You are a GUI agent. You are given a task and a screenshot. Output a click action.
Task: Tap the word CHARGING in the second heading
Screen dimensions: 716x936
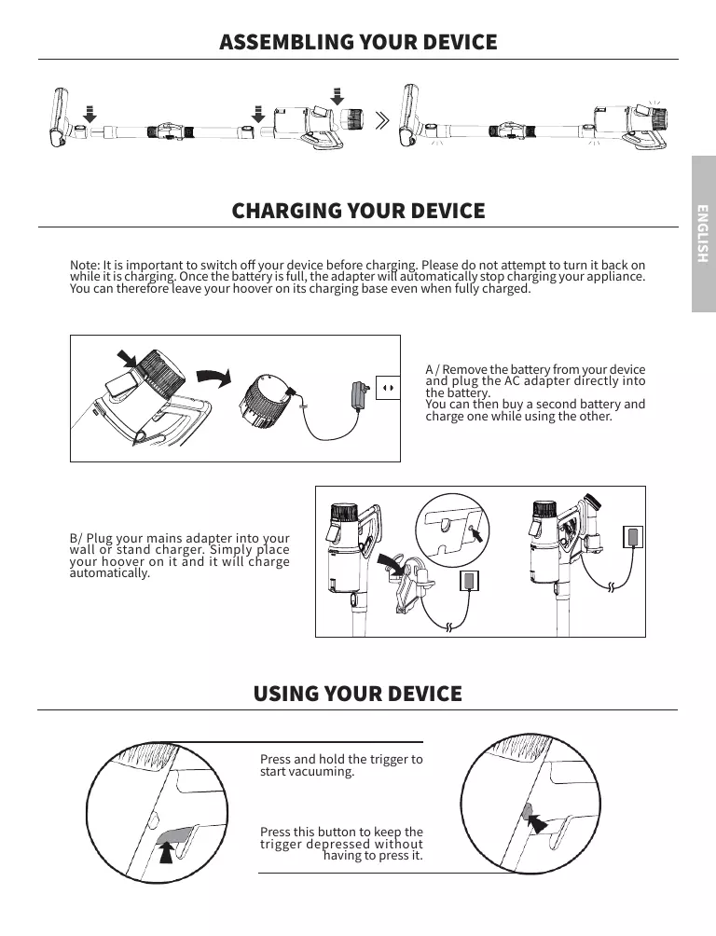coord(287,211)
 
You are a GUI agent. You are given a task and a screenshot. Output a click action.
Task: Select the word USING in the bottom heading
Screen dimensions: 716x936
coord(285,694)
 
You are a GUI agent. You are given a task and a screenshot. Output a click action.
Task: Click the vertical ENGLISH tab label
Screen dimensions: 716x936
coord(703,233)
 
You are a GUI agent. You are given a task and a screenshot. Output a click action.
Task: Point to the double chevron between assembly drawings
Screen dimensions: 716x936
coord(382,121)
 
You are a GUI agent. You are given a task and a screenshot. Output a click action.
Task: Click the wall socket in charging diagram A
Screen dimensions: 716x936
coord(388,388)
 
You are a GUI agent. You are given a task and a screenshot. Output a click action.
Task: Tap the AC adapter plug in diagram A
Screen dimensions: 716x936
coord(360,394)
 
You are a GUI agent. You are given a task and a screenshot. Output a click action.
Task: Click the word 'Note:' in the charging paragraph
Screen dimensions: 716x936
coord(85,265)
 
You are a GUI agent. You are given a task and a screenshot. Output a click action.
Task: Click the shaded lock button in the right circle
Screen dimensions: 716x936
coord(527,811)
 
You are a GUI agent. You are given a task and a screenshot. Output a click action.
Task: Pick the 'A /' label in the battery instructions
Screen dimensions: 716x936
coord(433,369)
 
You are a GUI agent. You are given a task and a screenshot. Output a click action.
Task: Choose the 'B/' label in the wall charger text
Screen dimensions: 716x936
coord(76,539)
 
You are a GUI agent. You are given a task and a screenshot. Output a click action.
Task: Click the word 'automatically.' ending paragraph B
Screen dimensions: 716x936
coord(110,573)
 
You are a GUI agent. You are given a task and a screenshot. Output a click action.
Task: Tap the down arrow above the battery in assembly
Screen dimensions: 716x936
coord(337,96)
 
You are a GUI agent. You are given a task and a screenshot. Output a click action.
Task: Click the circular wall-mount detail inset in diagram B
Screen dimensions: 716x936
coord(452,529)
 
